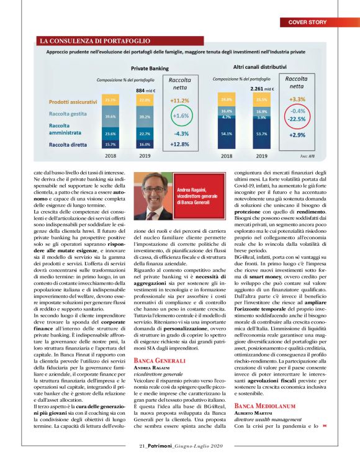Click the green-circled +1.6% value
180,115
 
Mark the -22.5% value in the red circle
297,119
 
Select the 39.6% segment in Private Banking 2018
110,116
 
